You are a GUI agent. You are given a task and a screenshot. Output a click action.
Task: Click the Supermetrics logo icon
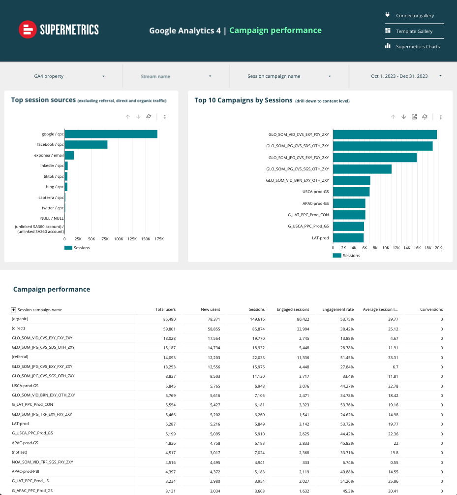coord(28,30)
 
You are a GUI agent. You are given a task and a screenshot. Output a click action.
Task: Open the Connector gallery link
coord(415,16)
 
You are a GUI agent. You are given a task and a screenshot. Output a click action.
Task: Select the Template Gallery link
coord(414,32)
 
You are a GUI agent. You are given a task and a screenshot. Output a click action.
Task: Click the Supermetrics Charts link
coord(418,47)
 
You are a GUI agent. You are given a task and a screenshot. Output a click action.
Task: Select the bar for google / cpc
coord(111,134)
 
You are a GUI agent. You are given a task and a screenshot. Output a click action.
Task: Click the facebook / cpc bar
coord(86,145)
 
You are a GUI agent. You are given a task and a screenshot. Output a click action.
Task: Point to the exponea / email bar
coord(69,155)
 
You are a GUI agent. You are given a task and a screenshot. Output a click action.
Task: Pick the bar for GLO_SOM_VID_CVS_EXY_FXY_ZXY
coord(385,134)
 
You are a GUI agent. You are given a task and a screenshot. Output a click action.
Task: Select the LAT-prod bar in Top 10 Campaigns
coord(348,238)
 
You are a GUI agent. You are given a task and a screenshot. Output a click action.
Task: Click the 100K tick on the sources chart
coord(119,239)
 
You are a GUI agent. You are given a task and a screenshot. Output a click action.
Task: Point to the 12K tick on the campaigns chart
coord(396,248)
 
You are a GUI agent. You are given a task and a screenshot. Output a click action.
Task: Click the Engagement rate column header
coord(337,310)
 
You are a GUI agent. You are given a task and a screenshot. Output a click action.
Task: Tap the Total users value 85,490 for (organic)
coord(166,319)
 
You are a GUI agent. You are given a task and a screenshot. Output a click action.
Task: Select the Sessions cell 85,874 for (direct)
coord(255,329)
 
